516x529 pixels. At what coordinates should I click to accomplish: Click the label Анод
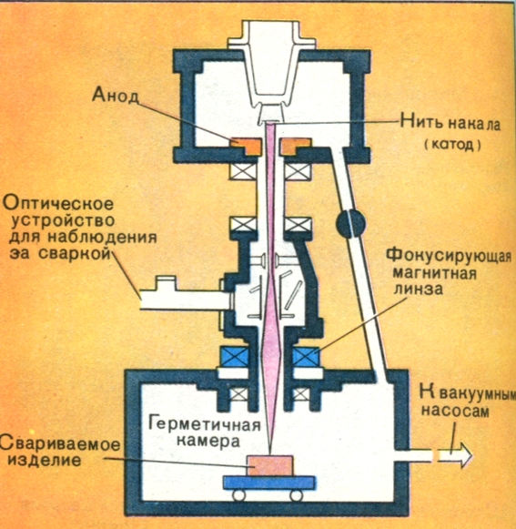(x=116, y=95)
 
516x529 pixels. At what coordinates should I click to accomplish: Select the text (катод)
(x=452, y=145)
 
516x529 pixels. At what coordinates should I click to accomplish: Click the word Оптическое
(x=58, y=205)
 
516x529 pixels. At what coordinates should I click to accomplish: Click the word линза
(x=419, y=289)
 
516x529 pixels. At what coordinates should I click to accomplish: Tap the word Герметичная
(x=205, y=424)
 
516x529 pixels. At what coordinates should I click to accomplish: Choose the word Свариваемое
(x=60, y=443)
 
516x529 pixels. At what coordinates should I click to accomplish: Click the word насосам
(x=456, y=411)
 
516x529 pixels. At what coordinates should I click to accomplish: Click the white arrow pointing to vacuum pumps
(x=455, y=455)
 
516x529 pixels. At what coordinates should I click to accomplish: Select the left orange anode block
(x=247, y=146)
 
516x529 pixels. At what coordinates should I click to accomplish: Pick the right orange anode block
(x=296, y=146)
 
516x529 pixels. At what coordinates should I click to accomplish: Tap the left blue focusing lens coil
(x=235, y=357)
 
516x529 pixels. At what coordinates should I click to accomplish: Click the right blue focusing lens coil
(x=307, y=357)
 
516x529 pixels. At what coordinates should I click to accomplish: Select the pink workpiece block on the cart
(x=270, y=465)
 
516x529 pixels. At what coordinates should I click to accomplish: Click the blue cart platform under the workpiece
(x=269, y=483)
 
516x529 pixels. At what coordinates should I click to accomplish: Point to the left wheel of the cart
(x=238, y=495)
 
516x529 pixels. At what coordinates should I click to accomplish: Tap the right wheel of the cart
(x=297, y=495)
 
